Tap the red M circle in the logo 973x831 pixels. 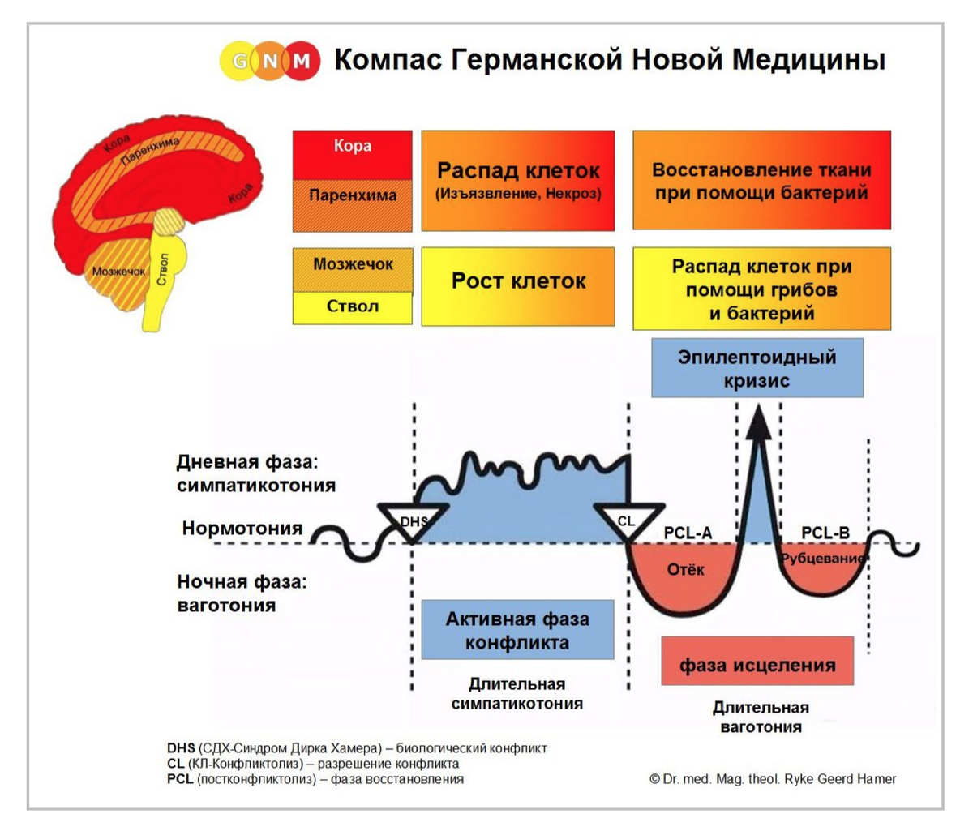click(302, 61)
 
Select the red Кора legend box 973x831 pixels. click(352, 154)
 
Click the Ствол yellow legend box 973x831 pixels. click(352, 307)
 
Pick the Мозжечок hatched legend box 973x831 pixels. click(352, 268)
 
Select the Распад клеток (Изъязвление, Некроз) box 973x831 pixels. click(518, 180)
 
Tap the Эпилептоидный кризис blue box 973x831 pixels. click(757, 368)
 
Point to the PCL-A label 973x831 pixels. click(688, 533)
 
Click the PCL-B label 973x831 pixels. click(825, 533)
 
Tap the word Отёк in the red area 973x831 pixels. click(685, 569)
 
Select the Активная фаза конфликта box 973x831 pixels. click(517, 630)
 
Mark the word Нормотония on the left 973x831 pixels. click(242, 529)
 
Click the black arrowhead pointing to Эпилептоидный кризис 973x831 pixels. click(758, 422)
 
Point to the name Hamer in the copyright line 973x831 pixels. click(876, 778)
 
